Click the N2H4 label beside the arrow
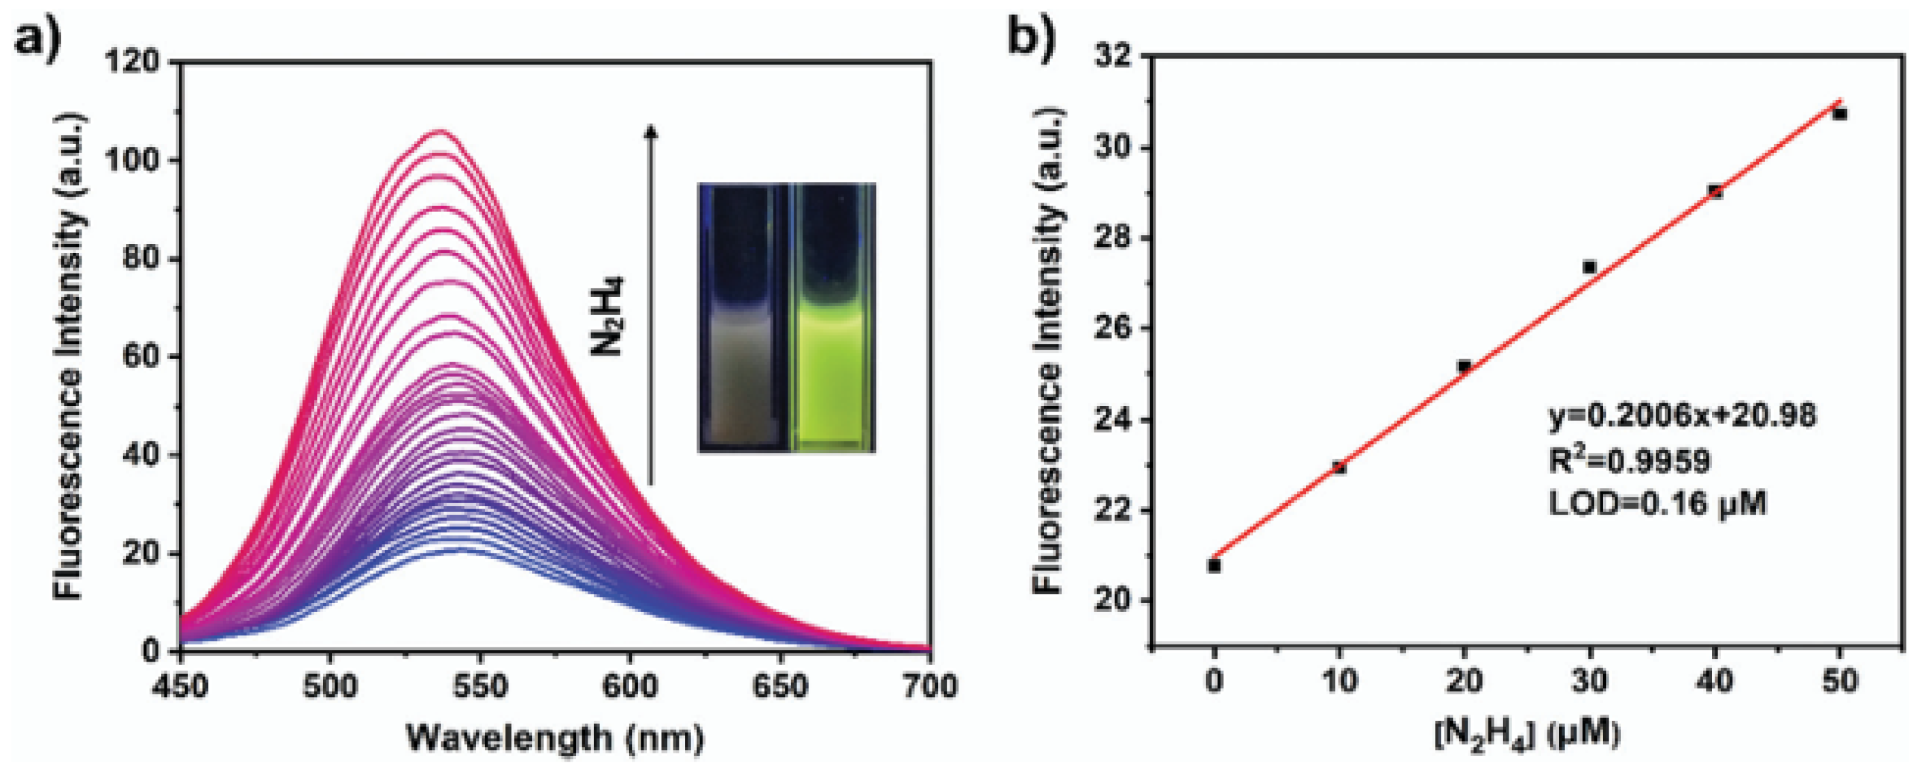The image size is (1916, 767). coord(609,316)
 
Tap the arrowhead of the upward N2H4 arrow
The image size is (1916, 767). coord(651,132)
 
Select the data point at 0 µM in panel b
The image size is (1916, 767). coord(1215,566)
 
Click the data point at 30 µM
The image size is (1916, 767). coord(1590,267)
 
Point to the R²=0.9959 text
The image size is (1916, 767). coord(1629,461)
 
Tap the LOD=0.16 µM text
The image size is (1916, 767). coord(1657,505)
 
